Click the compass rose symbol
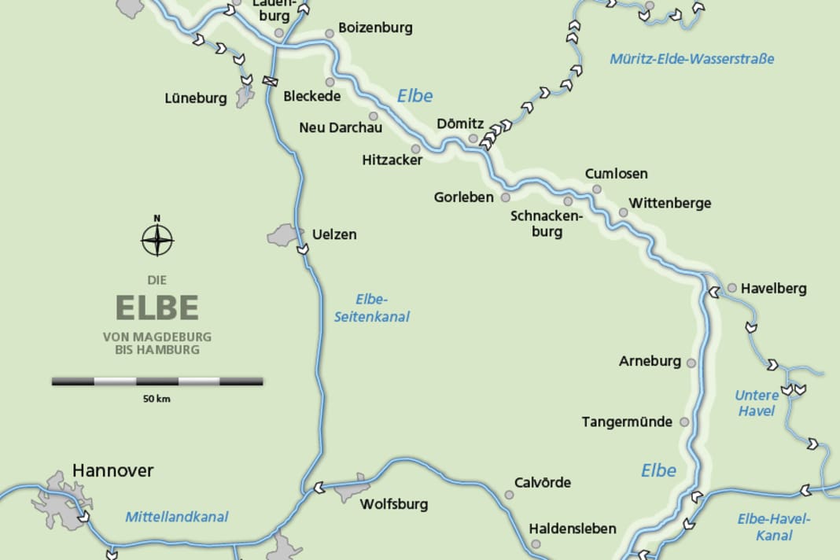(x=157, y=239)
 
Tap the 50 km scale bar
(x=157, y=381)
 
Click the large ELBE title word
(x=157, y=308)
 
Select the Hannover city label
(x=112, y=470)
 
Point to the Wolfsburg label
(x=393, y=504)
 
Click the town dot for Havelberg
(x=731, y=288)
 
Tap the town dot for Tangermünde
(x=684, y=422)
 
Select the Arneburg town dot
(x=691, y=363)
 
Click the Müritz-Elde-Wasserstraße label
(x=692, y=59)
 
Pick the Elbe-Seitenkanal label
(x=372, y=308)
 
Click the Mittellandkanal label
(x=177, y=517)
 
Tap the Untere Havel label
(x=757, y=403)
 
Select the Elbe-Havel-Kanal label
(x=774, y=526)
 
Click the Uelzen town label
(x=334, y=234)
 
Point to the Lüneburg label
(x=196, y=98)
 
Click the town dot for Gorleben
(x=506, y=197)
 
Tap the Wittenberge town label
(x=669, y=203)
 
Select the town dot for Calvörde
(x=509, y=495)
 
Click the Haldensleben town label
(x=573, y=529)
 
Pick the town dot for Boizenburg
(x=330, y=33)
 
